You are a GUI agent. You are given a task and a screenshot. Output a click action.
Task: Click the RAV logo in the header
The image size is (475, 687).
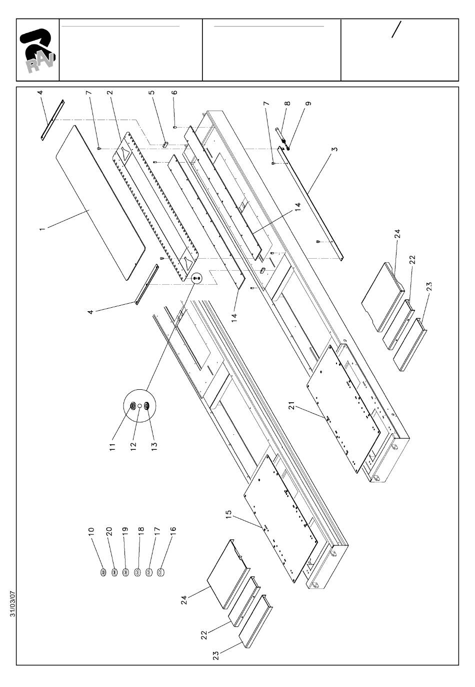pos(37,51)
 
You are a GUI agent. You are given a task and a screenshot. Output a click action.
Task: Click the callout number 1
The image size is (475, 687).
pos(42,229)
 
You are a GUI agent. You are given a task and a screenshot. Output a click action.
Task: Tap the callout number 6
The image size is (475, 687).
pos(174,92)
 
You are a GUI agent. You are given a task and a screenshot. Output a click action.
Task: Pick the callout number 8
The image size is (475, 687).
pos(287,104)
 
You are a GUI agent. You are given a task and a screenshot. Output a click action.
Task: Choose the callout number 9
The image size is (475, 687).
pos(308,104)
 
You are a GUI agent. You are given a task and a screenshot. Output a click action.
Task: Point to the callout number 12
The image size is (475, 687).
pos(133,446)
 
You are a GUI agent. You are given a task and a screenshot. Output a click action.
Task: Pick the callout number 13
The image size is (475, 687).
pos(154,446)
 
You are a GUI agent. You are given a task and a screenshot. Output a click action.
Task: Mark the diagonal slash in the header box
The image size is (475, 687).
pos(396,30)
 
